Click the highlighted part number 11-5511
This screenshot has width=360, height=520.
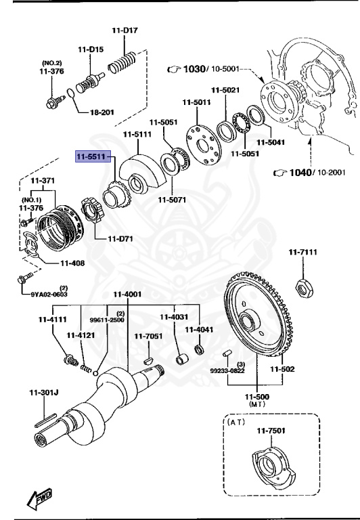[x=93, y=156]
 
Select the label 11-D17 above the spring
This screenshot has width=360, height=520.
[x=125, y=30]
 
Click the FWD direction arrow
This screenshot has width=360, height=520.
[x=39, y=500]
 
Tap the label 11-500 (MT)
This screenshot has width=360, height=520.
[x=256, y=399]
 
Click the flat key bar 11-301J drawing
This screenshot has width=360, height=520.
[x=48, y=419]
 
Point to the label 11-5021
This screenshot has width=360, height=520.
[x=225, y=90]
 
